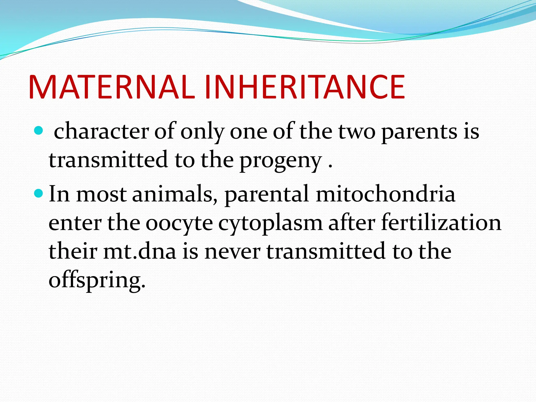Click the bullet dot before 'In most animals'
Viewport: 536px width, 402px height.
click(39, 193)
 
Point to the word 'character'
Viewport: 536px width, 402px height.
click(102, 131)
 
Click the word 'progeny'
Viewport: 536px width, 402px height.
click(281, 161)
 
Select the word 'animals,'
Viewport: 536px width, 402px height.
click(175, 194)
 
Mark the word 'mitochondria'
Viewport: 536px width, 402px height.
click(386, 194)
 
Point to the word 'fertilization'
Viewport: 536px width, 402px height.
click(441, 222)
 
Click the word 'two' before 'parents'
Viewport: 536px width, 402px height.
click(357, 133)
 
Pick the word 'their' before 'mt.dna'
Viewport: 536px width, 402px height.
click(73, 251)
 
